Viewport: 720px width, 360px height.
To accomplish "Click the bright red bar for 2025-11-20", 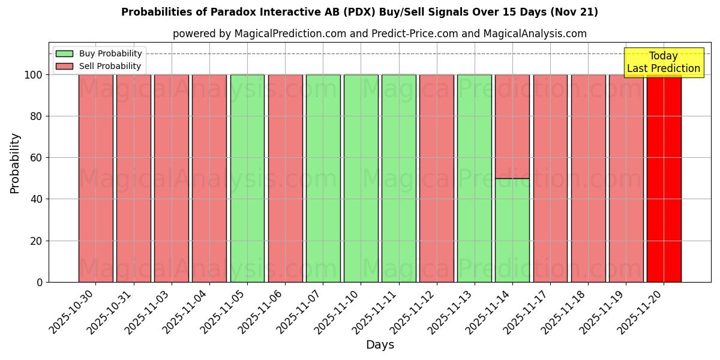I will pyautogui.click(x=664, y=178).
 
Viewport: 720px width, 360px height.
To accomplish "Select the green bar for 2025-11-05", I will pyautogui.click(x=247, y=178).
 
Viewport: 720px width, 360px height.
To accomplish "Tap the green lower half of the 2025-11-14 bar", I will pyautogui.click(x=512, y=230).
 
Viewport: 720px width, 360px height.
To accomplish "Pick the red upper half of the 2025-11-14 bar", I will pyautogui.click(x=512, y=127).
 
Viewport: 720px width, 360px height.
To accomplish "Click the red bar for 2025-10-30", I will pyautogui.click(x=95, y=178).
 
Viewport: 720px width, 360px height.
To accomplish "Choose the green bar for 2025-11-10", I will pyautogui.click(x=361, y=178).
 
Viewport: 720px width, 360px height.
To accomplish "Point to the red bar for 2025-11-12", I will pyautogui.click(x=436, y=178).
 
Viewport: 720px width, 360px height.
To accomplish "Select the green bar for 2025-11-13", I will pyautogui.click(x=474, y=178).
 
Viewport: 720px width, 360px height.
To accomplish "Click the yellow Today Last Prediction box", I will pyautogui.click(x=663, y=62).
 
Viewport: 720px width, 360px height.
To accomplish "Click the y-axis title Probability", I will pyautogui.click(x=15, y=163).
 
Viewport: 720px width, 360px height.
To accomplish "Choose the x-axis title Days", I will pyautogui.click(x=380, y=345).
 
